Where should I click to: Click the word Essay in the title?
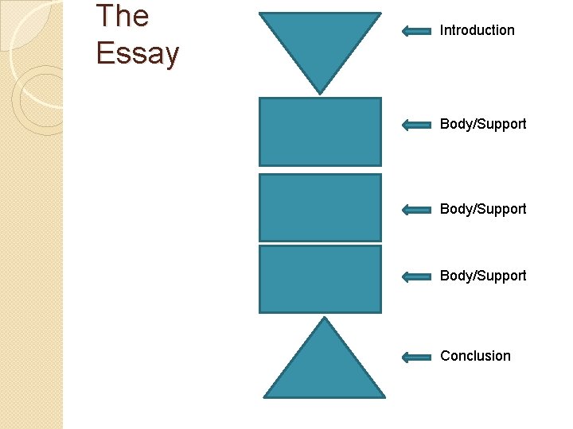(x=138, y=53)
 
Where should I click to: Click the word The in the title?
(x=122, y=16)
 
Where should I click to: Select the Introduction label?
(x=477, y=30)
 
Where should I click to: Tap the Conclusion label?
(x=475, y=356)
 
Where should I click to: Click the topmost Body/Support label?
(x=483, y=124)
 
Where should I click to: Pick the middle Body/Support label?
(x=483, y=209)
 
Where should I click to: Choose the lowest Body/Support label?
(x=483, y=276)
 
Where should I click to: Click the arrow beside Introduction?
(x=416, y=31)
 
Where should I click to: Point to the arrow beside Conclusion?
(x=416, y=357)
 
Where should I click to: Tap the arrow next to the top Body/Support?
(x=416, y=125)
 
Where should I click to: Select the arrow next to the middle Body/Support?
(x=416, y=210)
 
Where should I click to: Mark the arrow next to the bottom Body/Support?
(x=416, y=276)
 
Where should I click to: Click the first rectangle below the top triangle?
(x=320, y=132)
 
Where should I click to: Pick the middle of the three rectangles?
(x=320, y=207)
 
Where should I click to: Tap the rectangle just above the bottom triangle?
(x=320, y=279)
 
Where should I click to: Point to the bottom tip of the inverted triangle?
(x=321, y=92)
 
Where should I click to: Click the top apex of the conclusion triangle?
(x=324, y=319)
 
